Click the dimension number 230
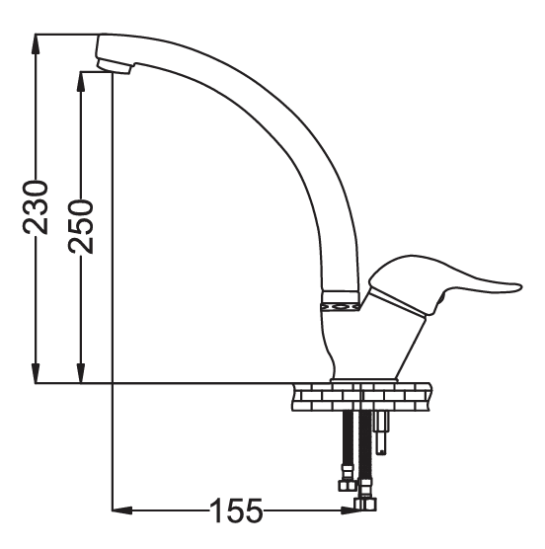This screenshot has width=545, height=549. (35, 207)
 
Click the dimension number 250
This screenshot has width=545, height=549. (81, 226)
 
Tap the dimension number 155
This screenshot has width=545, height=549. (236, 510)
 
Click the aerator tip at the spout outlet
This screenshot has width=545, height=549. (114, 67)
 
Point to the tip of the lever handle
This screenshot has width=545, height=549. (521, 286)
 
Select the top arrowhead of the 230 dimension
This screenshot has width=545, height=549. (36, 44)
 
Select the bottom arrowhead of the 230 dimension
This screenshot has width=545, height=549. (36, 373)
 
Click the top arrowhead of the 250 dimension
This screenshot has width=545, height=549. (81, 82)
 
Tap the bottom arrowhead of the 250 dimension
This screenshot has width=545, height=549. (81, 373)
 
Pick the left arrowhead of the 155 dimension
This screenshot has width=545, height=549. (122, 510)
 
